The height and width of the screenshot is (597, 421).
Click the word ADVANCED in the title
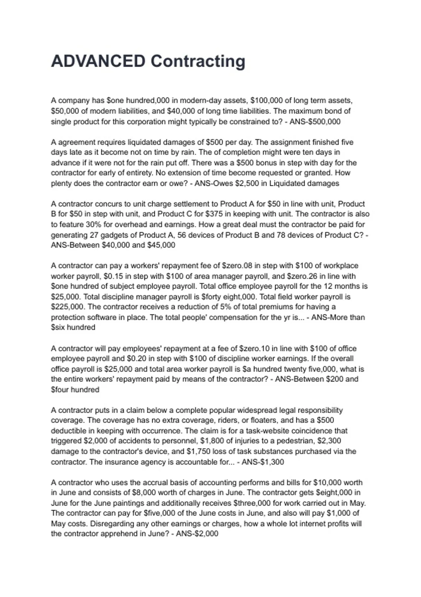point(98,61)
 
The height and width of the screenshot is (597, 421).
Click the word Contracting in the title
point(198,61)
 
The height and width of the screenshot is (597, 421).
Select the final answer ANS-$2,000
point(197,534)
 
